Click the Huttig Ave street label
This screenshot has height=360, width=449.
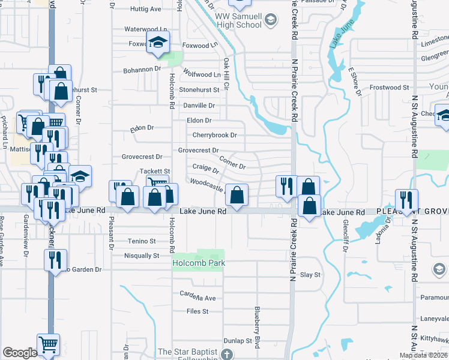tap(146, 9)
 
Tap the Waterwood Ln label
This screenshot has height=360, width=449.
tap(145, 29)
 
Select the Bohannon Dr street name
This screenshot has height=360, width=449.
tap(142, 69)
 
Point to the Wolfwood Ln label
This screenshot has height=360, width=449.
tap(202, 74)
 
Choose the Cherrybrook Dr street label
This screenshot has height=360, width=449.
tap(214, 135)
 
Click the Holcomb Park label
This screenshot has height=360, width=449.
tap(198, 263)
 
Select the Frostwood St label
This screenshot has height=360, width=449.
tap(389, 88)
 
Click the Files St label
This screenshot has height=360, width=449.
tap(197, 311)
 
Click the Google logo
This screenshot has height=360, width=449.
tap(20, 353)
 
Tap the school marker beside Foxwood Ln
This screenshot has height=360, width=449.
tap(158, 43)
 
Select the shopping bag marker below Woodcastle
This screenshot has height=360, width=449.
tap(237, 194)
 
